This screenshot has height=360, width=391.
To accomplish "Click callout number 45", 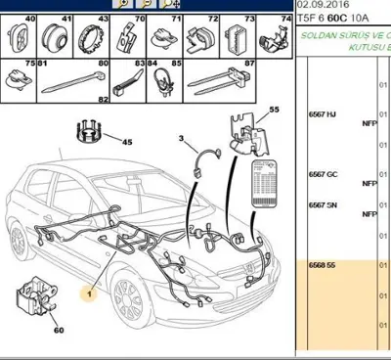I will (127, 142).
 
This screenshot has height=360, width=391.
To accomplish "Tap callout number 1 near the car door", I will (89, 293).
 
